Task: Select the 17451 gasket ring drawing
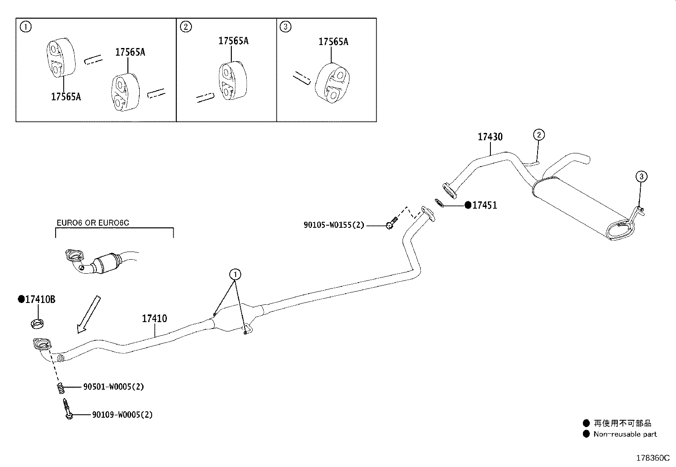point(440,203)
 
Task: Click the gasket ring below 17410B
point(38,323)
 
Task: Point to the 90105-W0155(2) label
point(334,225)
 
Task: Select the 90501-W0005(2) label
point(113,387)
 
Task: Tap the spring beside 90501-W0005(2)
point(61,388)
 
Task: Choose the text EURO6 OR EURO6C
point(93,223)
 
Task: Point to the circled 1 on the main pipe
point(235,275)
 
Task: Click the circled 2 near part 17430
point(538,135)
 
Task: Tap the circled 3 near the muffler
point(641,176)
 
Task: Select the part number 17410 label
point(154,318)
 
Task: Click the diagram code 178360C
point(652,458)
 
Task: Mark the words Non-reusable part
point(625,434)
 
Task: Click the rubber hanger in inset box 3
point(332,83)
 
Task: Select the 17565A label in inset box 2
point(233,41)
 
